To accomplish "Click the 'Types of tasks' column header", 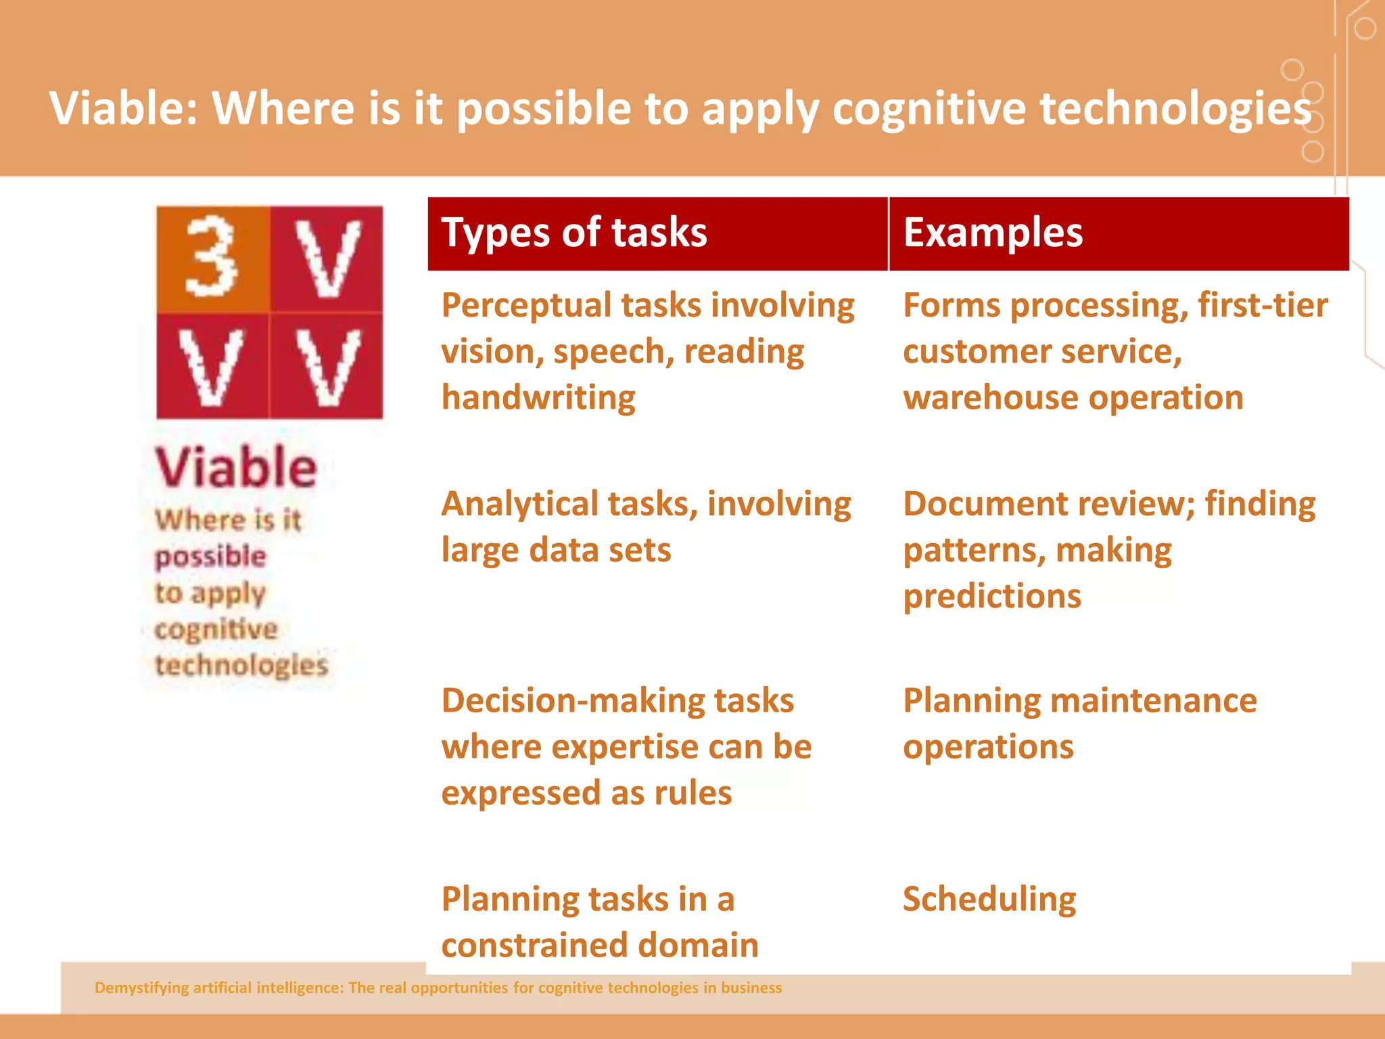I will point(574,233).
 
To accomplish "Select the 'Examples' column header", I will point(993,233).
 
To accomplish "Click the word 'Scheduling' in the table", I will point(989,900).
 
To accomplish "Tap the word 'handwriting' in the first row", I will point(538,398).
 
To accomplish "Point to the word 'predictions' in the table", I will point(992,597).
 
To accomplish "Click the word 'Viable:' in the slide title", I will point(124,108).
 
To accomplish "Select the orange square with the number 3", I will point(212,258).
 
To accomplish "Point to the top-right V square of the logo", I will point(327,258).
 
